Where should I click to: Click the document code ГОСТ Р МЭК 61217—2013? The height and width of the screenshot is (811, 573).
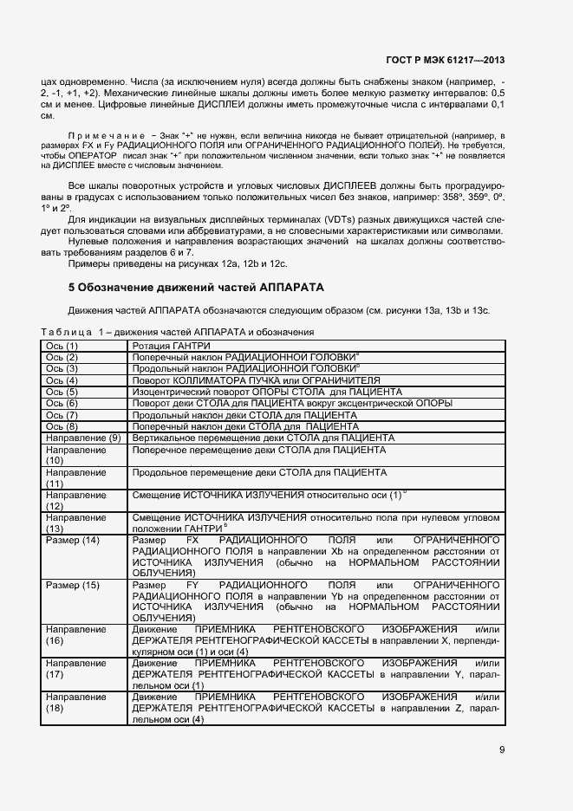point(445,60)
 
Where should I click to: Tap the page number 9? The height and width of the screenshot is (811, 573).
point(502,750)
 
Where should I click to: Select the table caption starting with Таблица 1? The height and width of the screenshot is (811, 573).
point(177,333)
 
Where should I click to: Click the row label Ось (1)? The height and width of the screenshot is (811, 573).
point(62,346)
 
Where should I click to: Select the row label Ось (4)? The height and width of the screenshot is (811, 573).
point(62,380)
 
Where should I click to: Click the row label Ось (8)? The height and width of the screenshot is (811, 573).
point(62,426)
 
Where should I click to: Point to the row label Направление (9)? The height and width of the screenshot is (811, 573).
point(82,438)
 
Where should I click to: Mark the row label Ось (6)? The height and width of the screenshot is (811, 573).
point(62,404)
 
